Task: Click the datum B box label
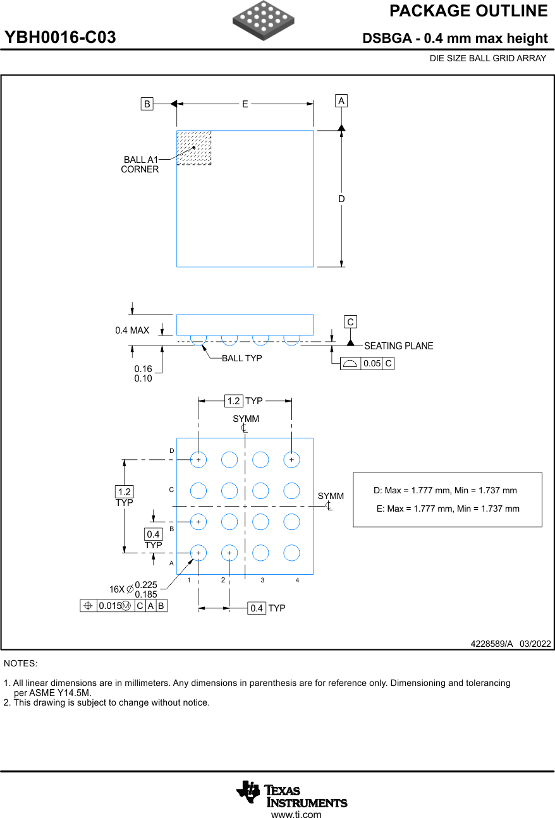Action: (x=147, y=104)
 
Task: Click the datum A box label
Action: (x=341, y=101)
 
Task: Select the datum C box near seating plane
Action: (x=350, y=322)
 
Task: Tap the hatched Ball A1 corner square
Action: (x=193, y=148)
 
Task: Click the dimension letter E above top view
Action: (x=245, y=104)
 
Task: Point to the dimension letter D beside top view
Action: (x=341, y=199)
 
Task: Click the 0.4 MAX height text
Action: (x=132, y=330)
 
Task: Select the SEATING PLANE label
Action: (x=399, y=346)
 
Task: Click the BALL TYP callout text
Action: (x=241, y=358)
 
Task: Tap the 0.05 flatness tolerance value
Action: (x=372, y=364)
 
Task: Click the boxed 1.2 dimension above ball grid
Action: (x=233, y=401)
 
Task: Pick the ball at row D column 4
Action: (x=291, y=460)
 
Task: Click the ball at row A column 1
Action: (x=198, y=553)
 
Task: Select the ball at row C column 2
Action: (x=229, y=490)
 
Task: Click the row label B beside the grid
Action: (x=171, y=529)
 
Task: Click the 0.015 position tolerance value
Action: (x=109, y=606)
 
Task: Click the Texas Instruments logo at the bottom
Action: (x=292, y=793)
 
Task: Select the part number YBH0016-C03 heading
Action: (x=61, y=38)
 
